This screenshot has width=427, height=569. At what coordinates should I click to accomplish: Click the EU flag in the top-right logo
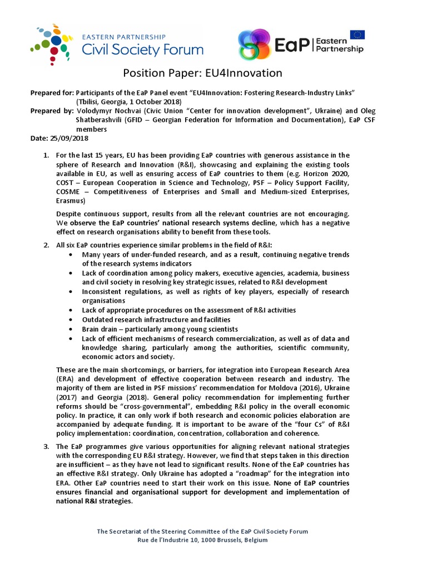(x=358, y=35)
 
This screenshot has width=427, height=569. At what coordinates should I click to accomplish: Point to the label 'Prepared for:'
(x=51, y=93)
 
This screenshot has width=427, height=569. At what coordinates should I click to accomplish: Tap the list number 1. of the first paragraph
(x=47, y=155)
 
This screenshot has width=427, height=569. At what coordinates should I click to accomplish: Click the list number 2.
(x=47, y=246)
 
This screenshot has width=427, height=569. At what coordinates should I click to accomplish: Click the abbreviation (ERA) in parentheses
(x=66, y=379)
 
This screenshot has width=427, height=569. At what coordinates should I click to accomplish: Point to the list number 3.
(x=47, y=447)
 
